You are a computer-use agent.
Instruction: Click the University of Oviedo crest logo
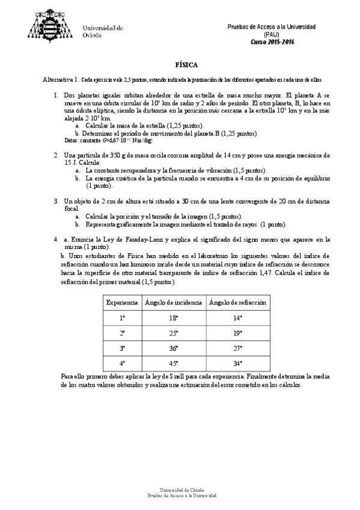pos(51,24)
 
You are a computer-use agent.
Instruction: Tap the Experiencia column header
pos(122,301)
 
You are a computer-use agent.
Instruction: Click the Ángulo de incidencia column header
pos(174,301)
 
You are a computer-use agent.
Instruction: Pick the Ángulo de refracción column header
pos(237,301)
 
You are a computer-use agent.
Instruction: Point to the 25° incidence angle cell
pos(174,332)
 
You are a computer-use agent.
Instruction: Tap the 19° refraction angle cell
pos(237,332)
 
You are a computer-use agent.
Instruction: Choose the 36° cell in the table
pos(174,347)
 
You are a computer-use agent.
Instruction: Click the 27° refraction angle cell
pos(237,347)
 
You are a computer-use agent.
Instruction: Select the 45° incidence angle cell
pos(174,363)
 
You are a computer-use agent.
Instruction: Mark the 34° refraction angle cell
pos(237,363)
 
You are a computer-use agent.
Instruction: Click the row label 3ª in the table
pos(122,347)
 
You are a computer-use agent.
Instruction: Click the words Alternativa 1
pos(60,79)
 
